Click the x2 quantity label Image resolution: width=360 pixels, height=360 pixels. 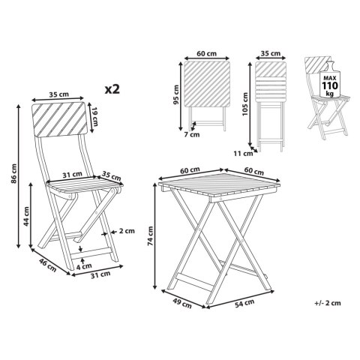pos(112,89)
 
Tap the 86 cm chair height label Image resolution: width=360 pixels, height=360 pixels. pos(14,173)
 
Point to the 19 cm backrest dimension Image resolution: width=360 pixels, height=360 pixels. pos(94,116)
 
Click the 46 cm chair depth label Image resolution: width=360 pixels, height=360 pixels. pos(47,265)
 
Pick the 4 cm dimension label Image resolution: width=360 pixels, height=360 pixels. pos(84,266)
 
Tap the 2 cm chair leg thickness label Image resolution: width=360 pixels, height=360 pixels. pos(127,231)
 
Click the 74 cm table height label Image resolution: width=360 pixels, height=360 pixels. pos(151,235)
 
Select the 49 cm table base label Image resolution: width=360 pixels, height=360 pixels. pos(182,304)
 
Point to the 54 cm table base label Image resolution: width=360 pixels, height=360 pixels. pos(244,303)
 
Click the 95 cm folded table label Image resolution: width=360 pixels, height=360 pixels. pos(176,94)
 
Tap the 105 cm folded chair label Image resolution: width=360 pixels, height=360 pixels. pos(245,104)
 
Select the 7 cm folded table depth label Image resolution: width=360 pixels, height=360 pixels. pos(192,135)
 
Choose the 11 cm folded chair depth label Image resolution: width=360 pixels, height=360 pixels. pos(243,153)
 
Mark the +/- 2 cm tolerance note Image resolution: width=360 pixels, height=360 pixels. pos(328,303)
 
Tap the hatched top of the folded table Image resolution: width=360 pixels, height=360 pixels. pos(207,84)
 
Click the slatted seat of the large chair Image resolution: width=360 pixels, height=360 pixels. pos(85,184)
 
